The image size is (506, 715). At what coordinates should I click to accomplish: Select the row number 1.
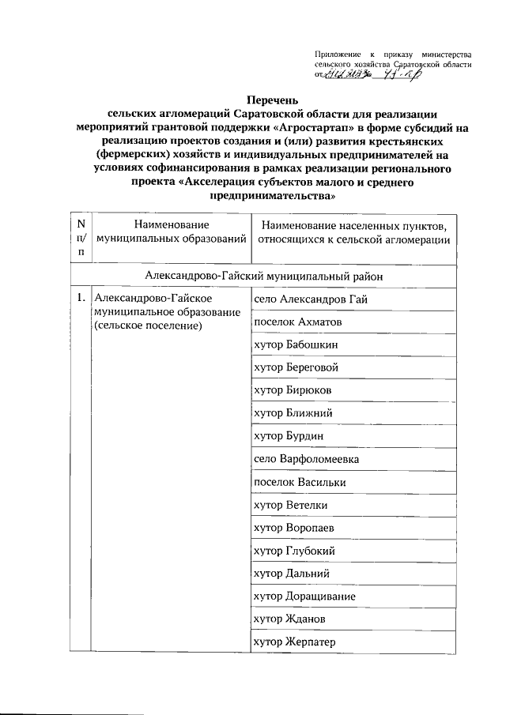tap(81, 299)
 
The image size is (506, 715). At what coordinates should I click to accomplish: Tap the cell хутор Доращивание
tap(304, 596)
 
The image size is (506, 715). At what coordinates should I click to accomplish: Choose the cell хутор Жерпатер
tap(294, 642)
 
